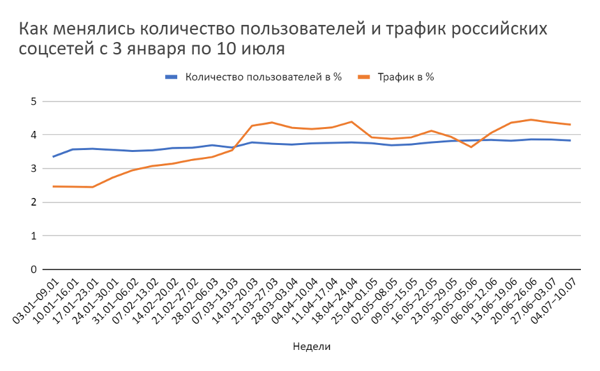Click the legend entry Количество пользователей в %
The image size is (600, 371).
click(x=263, y=77)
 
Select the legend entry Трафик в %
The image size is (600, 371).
click(x=406, y=77)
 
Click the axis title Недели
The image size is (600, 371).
click(x=312, y=346)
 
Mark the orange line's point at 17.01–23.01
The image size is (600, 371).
click(x=93, y=187)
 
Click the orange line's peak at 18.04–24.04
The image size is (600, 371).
click(x=351, y=121)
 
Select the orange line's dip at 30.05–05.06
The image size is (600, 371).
click(x=471, y=148)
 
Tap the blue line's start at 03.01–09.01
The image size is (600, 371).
click(x=53, y=156)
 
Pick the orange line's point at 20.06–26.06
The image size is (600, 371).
click(x=530, y=119)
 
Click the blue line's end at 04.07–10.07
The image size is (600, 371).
click(x=570, y=140)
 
